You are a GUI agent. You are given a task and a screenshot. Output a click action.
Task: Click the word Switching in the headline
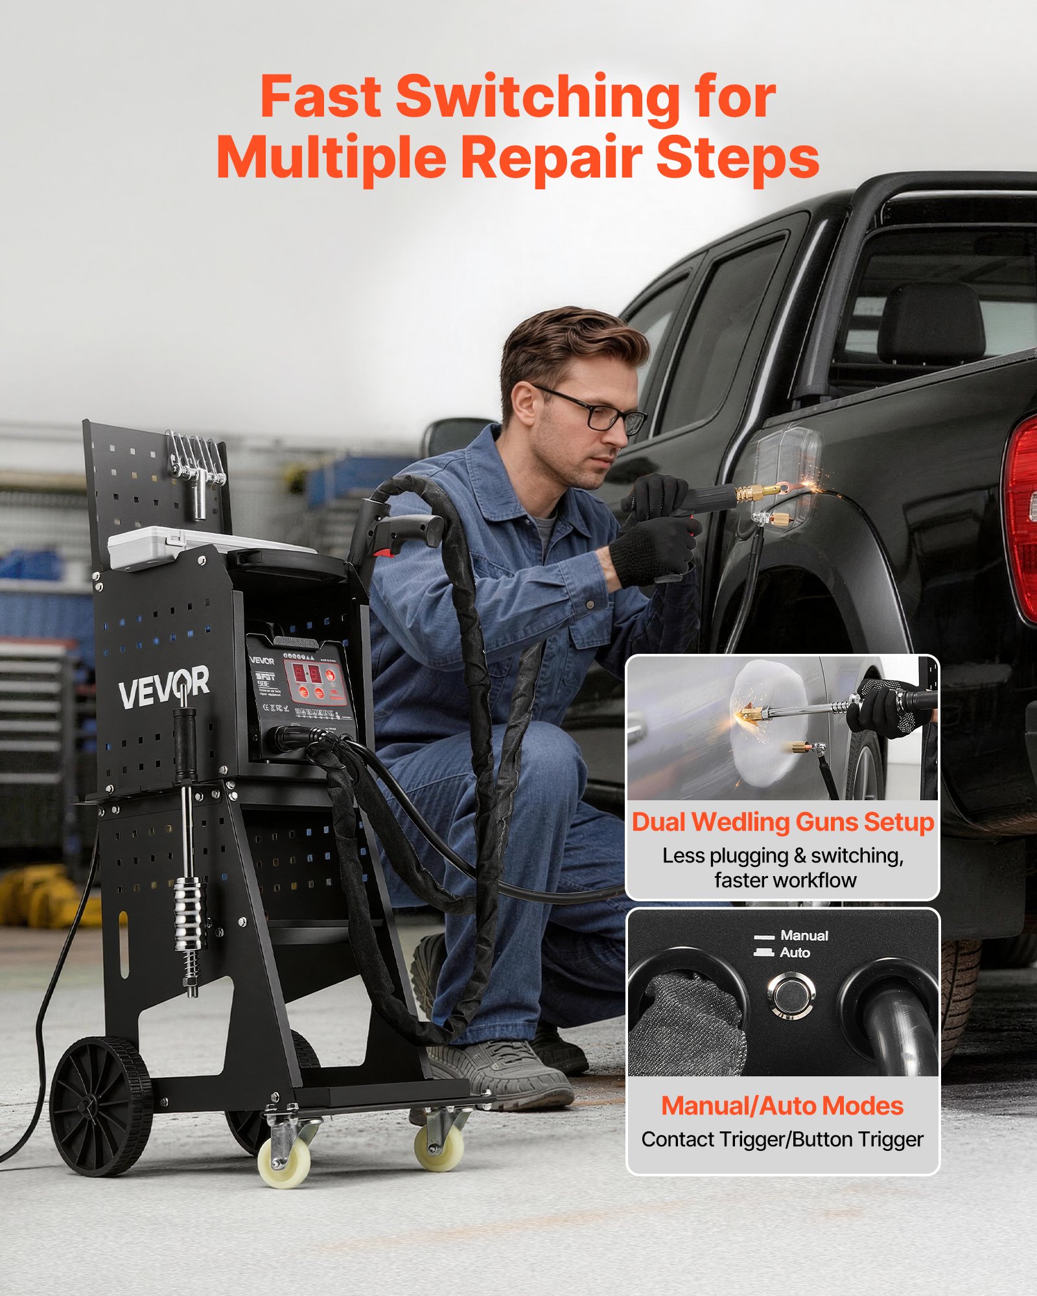click(x=537, y=97)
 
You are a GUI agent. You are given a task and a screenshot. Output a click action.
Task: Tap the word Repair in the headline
click(x=551, y=157)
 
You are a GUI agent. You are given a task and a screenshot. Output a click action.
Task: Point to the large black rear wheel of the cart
click(x=100, y=1105)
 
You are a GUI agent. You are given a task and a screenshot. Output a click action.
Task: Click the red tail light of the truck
click(x=1022, y=518)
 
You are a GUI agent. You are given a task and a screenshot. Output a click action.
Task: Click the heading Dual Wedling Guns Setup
click(x=782, y=822)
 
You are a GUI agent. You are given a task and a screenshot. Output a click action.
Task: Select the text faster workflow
click(x=785, y=880)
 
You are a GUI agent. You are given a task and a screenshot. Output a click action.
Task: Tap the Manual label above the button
click(x=804, y=935)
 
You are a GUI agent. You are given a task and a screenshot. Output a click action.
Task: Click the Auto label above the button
click(x=795, y=953)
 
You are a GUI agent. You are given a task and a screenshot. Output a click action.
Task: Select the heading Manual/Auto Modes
click(x=782, y=1106)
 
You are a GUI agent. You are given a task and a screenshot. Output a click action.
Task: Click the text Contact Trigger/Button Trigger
click(x=782, y=1139)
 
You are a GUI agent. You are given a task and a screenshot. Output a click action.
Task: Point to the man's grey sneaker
click(x=499, y=1072)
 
